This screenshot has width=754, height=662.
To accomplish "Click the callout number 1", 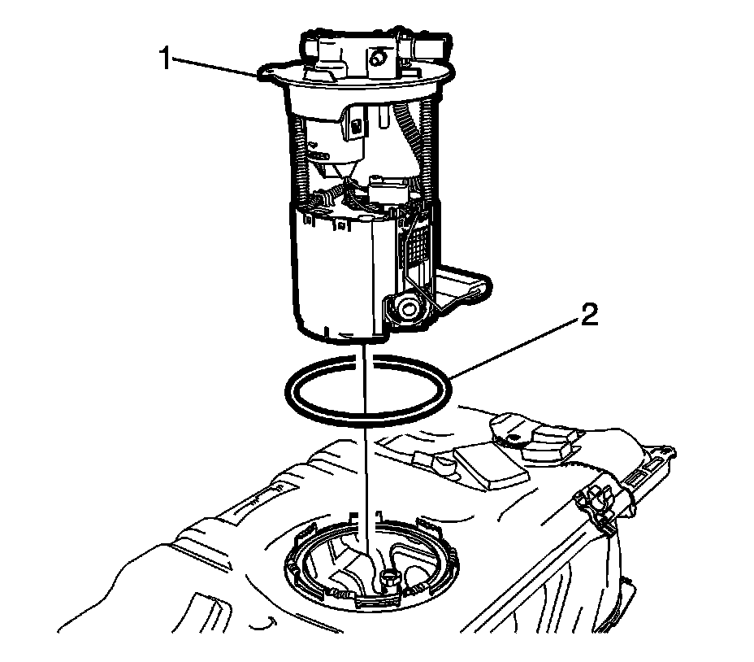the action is tap(166, 59).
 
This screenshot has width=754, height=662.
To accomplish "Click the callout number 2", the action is tap(589, 315).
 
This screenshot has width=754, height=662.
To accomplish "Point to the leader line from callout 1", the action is tap(214, 67).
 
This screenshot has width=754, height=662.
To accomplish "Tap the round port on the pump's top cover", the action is tap(376, 59).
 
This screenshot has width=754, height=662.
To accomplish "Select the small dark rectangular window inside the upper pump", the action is tap(356, 128).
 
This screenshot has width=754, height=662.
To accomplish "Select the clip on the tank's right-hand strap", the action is tap(599, 508).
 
